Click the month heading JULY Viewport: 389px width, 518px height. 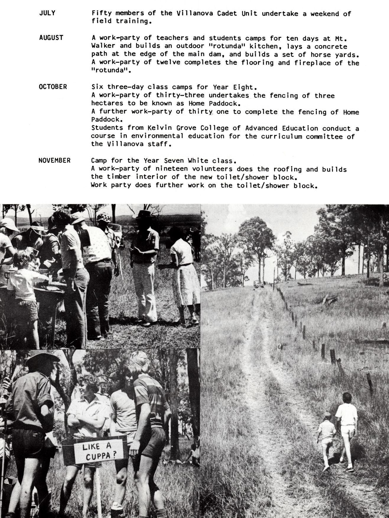[x=47, y=13]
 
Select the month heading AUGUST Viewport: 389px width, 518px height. [x=51, y=38]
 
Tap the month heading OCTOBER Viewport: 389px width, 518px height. [x=53, y=87]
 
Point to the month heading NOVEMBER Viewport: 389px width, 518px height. [x=54, y=160]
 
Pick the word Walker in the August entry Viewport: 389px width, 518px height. [x=102, y=46]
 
